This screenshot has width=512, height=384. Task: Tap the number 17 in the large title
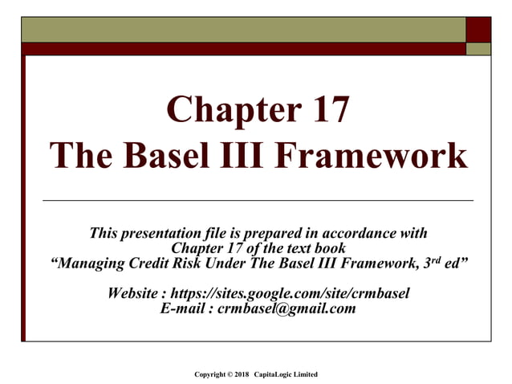[x=325, y=110]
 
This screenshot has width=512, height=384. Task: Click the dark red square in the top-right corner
[x=478, y=29]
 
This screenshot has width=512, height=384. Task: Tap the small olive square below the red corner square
[x=478, y=48]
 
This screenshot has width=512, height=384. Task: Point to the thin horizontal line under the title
[x=257, y=199]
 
